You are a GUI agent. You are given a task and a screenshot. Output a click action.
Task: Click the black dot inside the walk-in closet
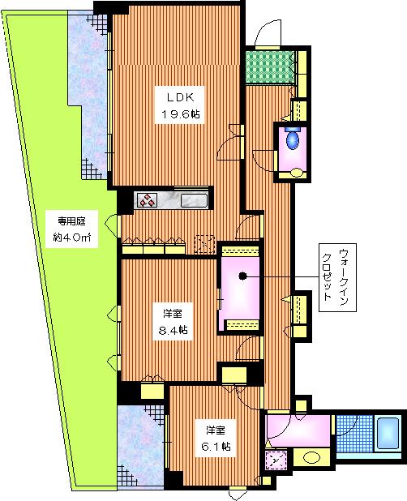[x=242, y=276]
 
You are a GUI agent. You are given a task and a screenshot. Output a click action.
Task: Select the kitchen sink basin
[x=195, y=200]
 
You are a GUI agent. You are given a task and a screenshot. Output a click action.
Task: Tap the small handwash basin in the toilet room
[x=297, y=172]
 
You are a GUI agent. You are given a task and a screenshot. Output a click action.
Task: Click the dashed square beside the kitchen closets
[x=204, y=244]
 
